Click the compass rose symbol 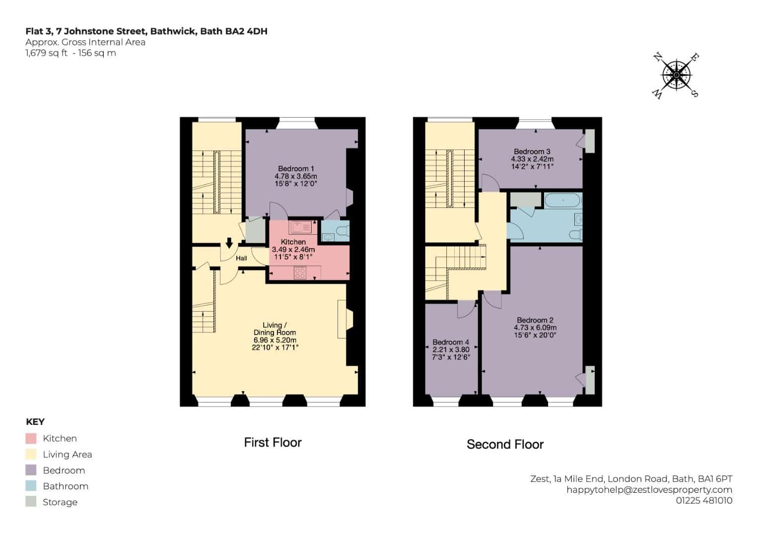tap(676, 75)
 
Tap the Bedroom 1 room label tap(296, 169)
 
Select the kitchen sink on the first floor tap(300, 227)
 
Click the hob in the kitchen tap(300, 273)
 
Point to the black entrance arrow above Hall tap(229, 243)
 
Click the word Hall tap(241, 258)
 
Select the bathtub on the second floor tap(562, 200)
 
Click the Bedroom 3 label tap(532, 151)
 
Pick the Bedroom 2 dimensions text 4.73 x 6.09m tap(535, 328)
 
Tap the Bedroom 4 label tap(451, 342)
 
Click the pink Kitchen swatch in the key tap(31, 438)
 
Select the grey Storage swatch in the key tap(31, 501)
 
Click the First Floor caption tap(273, 442)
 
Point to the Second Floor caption tap(505, 444)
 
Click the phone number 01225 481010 tap(704, 500)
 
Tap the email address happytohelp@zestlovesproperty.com tap(649, 490)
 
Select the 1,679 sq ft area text tap(46, 53)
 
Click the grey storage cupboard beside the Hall tap(255, 230)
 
